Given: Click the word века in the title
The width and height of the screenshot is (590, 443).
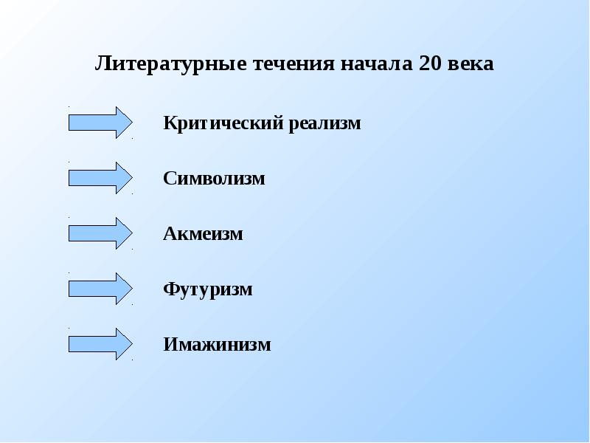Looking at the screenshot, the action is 473,64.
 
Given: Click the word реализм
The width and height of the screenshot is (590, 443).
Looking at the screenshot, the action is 325,123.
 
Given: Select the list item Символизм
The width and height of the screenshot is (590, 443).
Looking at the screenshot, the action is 214,179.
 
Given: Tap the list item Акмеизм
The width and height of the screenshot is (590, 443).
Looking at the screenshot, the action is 203,235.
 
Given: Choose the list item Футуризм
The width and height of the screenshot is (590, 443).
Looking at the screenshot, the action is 208,289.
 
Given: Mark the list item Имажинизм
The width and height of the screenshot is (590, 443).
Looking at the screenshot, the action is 217,345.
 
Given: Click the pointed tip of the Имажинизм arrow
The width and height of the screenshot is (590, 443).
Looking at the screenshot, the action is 130,344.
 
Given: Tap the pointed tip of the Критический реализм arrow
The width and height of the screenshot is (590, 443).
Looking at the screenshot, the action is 130,123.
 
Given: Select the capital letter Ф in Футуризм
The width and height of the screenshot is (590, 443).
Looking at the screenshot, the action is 170,289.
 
